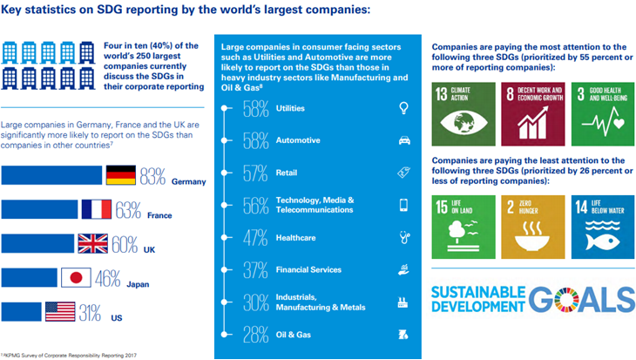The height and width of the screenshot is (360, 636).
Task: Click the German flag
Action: (121, 175)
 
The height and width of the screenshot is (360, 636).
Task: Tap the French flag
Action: (96, 209)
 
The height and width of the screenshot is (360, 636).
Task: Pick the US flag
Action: (59, 311)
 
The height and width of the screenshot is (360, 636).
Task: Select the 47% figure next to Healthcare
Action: (255, 237)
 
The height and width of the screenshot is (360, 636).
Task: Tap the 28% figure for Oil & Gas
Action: (255, 335)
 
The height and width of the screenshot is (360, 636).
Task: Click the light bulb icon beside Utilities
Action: (403, 108)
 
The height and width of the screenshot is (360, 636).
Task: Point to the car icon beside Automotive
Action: (403, 140)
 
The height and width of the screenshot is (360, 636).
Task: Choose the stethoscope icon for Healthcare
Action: (403, 237)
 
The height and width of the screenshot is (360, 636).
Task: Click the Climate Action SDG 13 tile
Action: (462, 113)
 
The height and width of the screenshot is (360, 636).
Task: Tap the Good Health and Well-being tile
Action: (597, 113)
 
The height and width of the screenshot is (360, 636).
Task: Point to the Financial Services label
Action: (310, 270)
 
